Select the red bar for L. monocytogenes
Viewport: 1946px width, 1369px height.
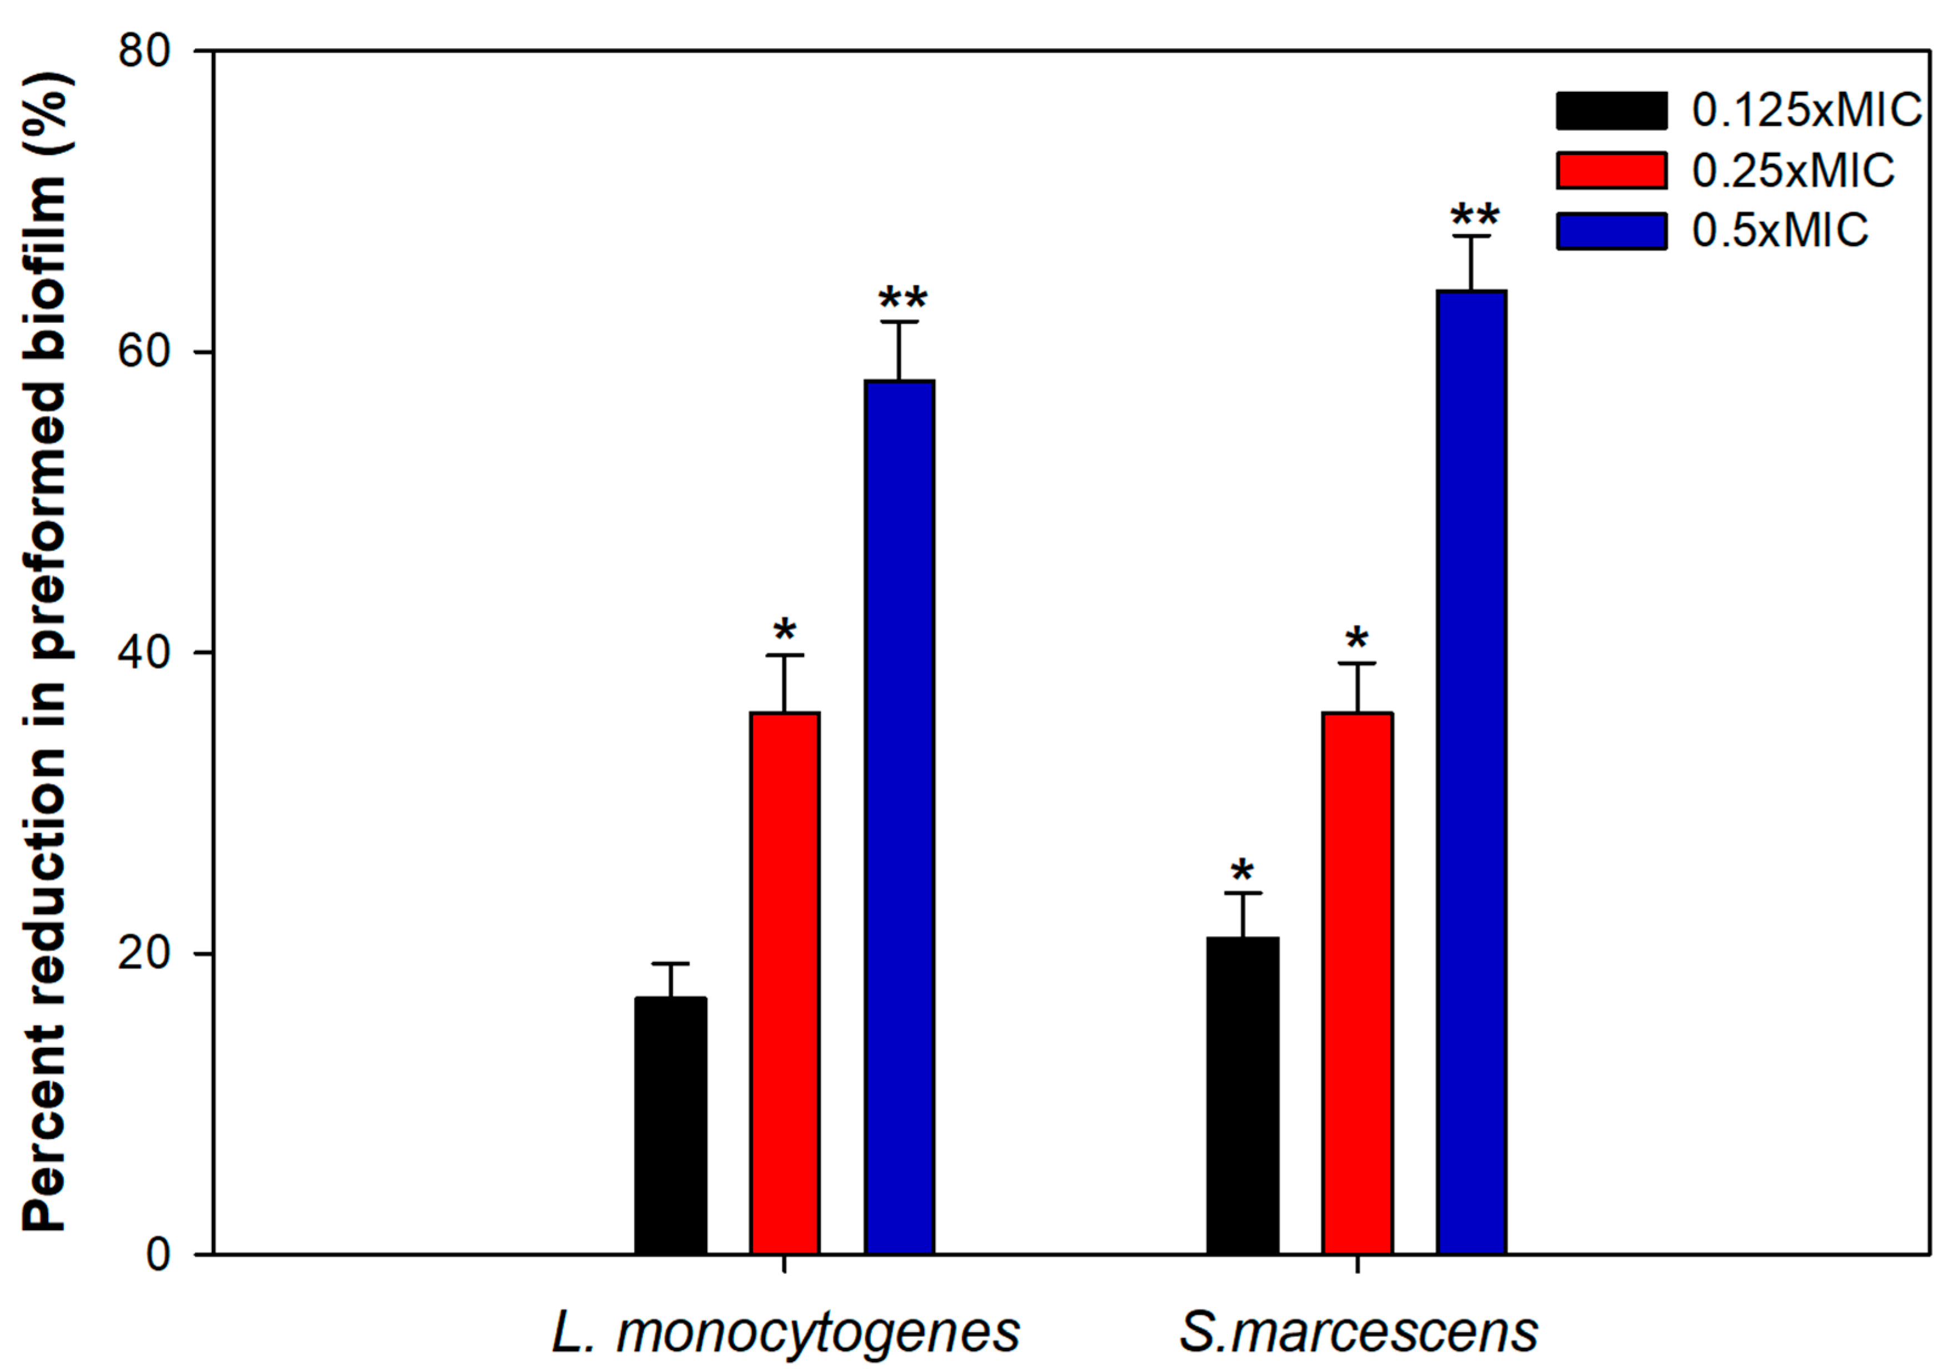[785, 983]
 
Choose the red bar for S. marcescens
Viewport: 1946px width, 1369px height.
[1357, 983]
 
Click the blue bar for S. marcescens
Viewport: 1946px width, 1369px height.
[1471, 771]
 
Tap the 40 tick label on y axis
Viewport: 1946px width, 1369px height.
[144, 652]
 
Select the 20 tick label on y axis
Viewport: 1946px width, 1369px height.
[144, 953]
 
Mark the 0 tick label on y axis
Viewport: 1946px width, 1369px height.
[158, 1254]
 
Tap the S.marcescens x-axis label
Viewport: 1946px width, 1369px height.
[1358, 1332]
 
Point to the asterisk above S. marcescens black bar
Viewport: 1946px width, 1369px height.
[1243, 870]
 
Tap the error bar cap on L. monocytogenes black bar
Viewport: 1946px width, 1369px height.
[670, 964]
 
